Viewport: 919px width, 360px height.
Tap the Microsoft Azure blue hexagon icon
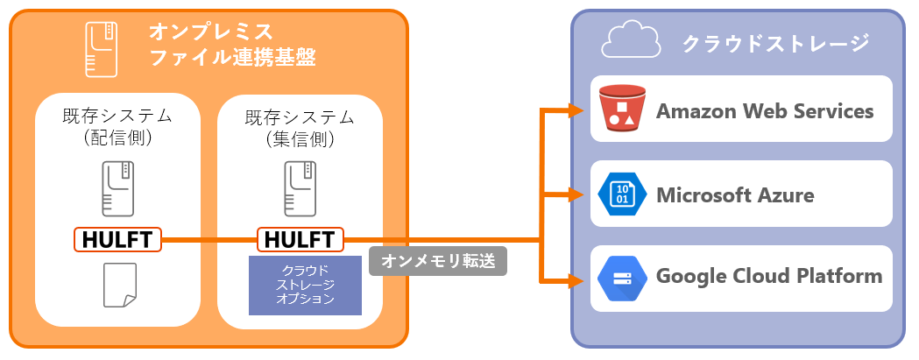(621, 194)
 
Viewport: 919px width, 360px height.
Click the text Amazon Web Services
(764, 111)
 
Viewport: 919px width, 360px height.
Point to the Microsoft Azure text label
(735, 194)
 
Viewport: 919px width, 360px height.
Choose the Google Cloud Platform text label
(768, 277)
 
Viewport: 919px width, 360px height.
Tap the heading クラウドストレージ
(774, 42)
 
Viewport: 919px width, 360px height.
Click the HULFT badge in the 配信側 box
(117, 239)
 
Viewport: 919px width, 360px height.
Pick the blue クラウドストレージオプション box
(305, 286)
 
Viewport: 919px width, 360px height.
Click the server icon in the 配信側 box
(117, 188)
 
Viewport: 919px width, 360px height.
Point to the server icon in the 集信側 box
(300, 188)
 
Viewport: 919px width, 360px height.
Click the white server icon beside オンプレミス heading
(101, 48)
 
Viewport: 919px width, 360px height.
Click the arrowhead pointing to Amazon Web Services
(577, 111)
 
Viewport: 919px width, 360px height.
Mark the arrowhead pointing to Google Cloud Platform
(577, 281)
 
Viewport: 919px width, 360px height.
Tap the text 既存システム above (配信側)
(117, 116)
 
